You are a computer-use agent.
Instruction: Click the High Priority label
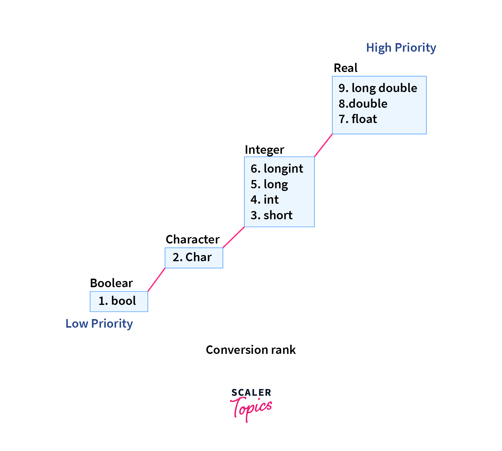(401, 48)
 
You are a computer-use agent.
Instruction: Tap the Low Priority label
(99, 323)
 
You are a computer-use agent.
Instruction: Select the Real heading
(345, 68)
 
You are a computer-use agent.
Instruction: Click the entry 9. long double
(378, 88)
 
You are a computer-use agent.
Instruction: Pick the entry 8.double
(363, 104)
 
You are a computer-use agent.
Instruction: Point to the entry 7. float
(358, 119)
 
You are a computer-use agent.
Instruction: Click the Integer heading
(264, 150)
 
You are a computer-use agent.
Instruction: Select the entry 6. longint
(277, 169)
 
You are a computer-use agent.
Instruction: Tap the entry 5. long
(269, 184)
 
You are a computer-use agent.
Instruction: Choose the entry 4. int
(264, 200)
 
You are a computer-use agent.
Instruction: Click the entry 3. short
(272, 215)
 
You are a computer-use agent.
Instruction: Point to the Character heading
(192, 239)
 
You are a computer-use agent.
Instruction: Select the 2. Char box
(194, 258)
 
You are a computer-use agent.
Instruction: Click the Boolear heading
(111, 283)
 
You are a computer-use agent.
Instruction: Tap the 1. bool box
(119, 301)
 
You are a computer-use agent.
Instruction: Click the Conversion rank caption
(251, 350)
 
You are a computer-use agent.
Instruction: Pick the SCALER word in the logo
(251, 393)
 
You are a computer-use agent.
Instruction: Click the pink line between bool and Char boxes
(156, 280)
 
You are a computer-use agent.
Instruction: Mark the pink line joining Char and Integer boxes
(233, 237)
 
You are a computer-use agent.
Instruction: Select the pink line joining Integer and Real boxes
(323, 145)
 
